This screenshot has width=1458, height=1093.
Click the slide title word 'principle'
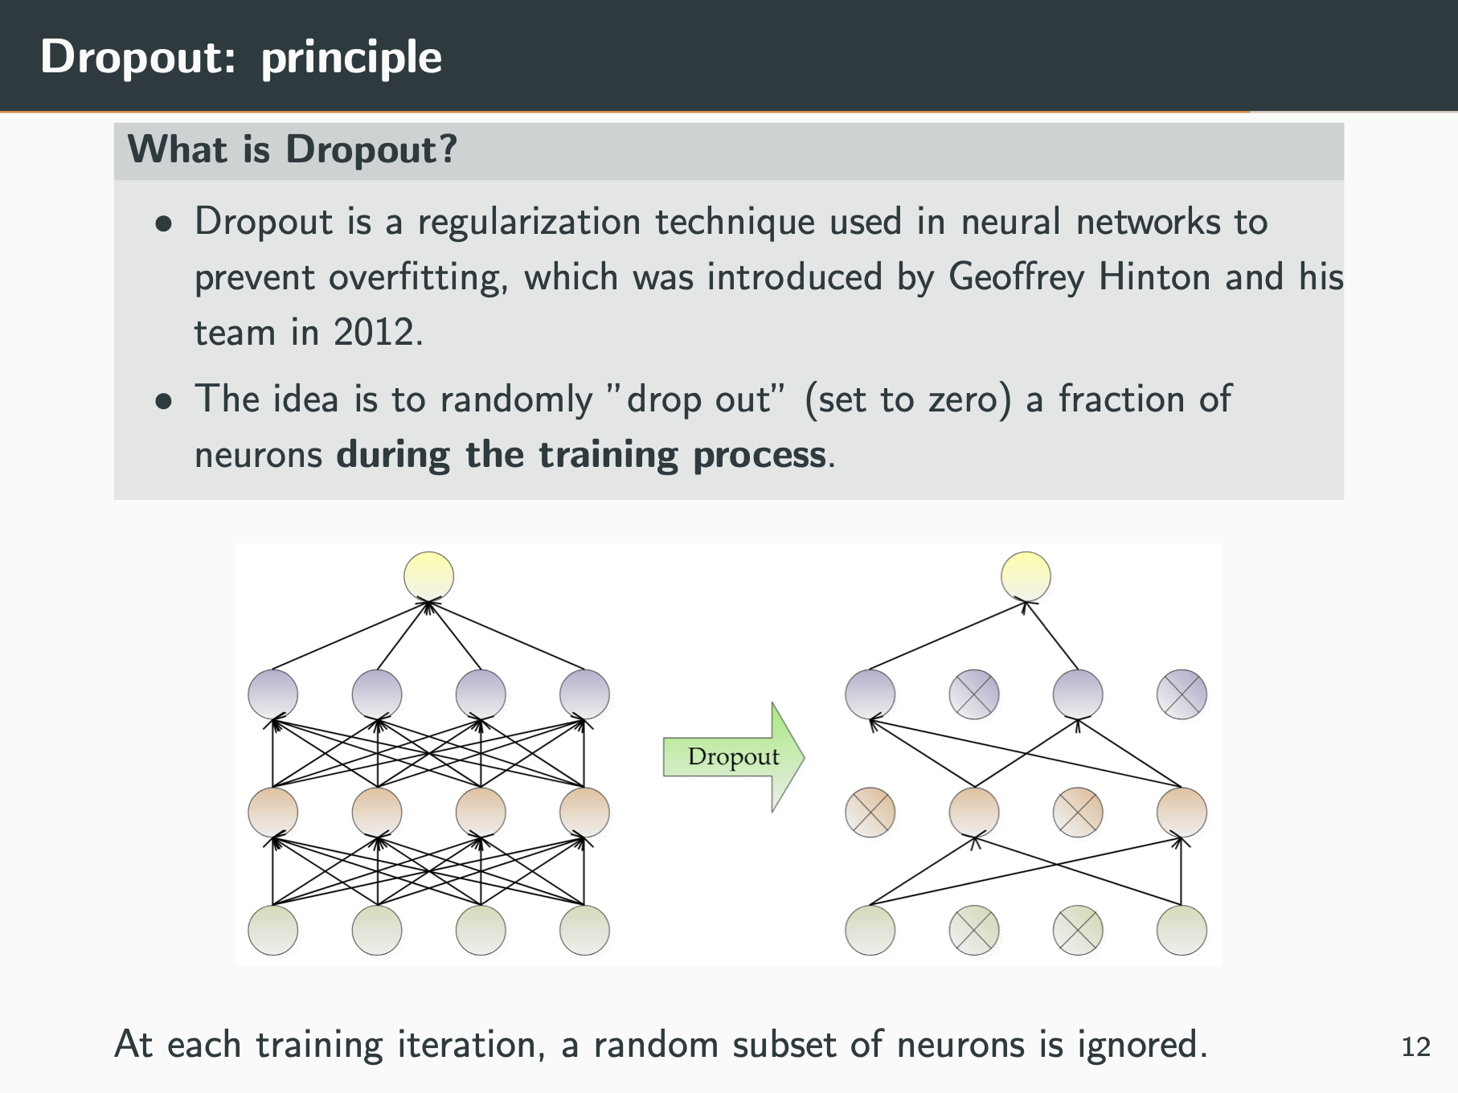(x=351, y=58)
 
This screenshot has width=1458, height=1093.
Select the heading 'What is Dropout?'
(x=293, y=149)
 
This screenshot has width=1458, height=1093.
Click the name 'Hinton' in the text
(x=1154, y=277)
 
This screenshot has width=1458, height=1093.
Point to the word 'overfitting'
(x=417, y=277)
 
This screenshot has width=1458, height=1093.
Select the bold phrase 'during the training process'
(x=580, y=455)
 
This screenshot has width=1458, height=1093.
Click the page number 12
(x=1415, y=1046)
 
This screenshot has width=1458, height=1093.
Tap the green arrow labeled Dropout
(x=733, y=756)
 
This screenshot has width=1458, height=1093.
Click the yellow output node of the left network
(x=428, y=576)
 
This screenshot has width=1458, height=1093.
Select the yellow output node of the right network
(x=1026, y=576)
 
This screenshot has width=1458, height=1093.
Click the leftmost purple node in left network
(x=272, y=694)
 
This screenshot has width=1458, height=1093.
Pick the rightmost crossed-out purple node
(x=1181, y=694)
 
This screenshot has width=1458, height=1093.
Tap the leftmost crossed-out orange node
(x=870, y=812)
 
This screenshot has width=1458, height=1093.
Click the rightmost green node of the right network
(x=1181, y=930)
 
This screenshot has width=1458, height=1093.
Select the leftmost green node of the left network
(x=272, y=930)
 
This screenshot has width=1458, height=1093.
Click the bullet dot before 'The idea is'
(x=165, y=401)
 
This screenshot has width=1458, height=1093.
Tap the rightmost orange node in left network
(x=584, y=812)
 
